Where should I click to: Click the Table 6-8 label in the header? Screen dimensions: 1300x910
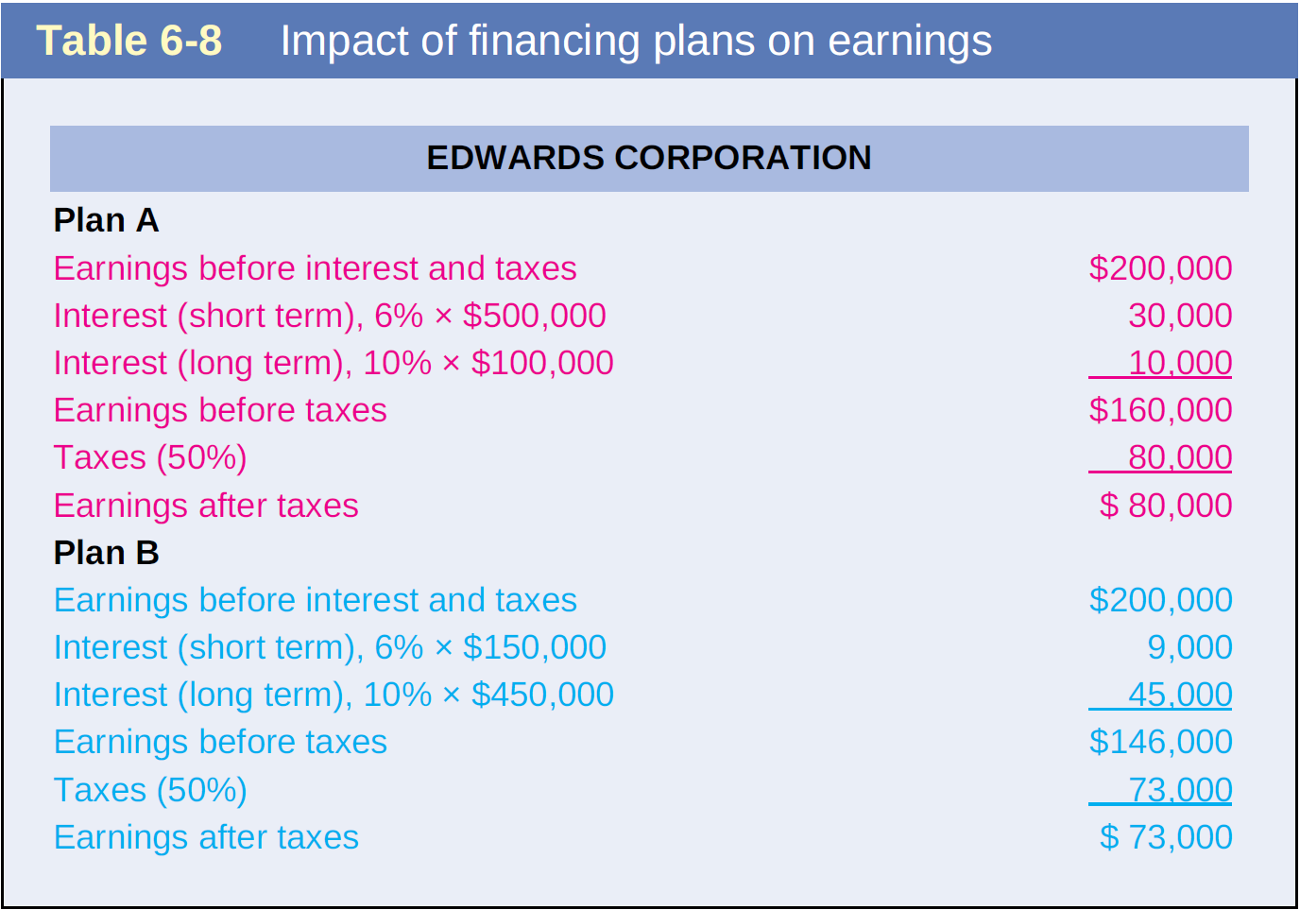[x=128, y=40]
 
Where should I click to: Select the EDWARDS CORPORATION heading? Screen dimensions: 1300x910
[x=649, y=157]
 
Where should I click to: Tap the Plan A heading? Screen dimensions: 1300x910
[x=106, y=220]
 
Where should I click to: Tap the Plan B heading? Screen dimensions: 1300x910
[x=106, y=552]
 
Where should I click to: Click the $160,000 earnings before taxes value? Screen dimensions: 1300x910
[x=1161, y=410]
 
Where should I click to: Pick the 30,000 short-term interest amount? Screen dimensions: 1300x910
[x=1180, y=315]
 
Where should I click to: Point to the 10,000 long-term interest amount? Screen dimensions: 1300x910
[x=1180, y=363]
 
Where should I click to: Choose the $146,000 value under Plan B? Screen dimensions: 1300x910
[x=1161, y=742]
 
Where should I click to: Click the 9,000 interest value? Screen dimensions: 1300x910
[x=1190, y=647]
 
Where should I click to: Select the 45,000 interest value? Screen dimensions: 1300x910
[x=1180, y=695]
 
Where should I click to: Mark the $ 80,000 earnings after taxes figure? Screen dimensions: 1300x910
[x=1166, y=505]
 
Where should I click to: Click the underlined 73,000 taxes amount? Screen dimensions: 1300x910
[x=1180, y=790]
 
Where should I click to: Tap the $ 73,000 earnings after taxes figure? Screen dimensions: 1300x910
[x=1166, y=837]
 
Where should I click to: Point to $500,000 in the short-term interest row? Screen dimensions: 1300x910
[x=535, y=315]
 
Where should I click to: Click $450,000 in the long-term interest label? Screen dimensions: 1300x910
[x=542, y=695]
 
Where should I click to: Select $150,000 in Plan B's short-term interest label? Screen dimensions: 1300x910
[x=535, y=647]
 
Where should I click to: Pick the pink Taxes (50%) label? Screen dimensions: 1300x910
[x=150, y=457]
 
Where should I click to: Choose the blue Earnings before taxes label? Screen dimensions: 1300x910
[x=220, y=742]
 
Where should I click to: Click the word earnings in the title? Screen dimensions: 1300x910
[x=910, y=42]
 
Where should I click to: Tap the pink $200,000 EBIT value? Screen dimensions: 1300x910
[x=1161, y=268]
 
